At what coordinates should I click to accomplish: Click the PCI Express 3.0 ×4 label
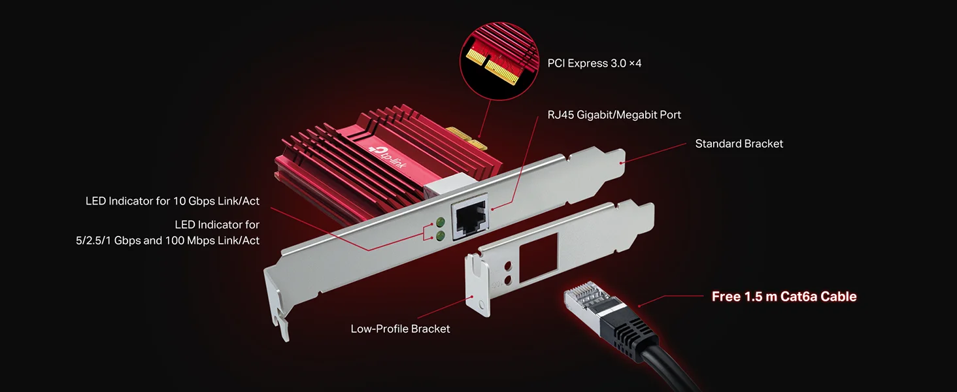click(594, 63)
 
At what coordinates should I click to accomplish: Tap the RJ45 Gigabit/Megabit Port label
click(614, 115)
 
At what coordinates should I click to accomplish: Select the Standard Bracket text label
click(739, 144)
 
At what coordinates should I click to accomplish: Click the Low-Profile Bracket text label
click(400, 329)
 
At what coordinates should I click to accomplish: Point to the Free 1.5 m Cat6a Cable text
click(784, 297)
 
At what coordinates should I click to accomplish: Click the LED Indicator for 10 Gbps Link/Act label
click(172, 201)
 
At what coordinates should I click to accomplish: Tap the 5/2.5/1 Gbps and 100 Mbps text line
click(167, 240)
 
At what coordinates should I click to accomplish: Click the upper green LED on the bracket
click(440, 222)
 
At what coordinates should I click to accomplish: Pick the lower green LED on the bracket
click(440, 235)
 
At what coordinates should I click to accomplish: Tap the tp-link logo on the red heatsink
click(388, 157)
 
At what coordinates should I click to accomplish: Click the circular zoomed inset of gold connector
click(499, 61)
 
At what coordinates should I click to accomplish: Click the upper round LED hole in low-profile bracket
click(508, 267)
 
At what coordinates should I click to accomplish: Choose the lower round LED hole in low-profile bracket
click(508, 280)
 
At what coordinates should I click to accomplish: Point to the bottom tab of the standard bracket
click(280, 327)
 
